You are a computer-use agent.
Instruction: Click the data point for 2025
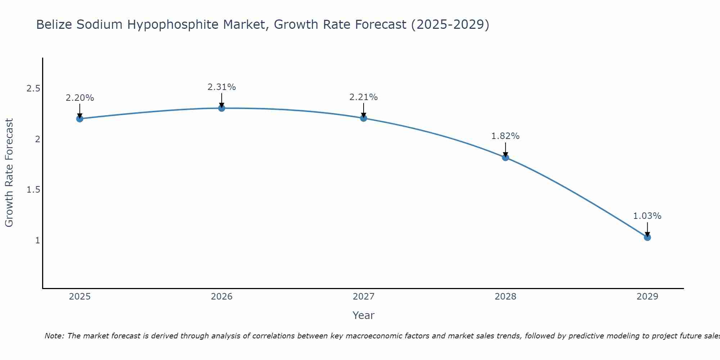[80, 119]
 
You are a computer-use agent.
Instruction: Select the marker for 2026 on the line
[222, 108]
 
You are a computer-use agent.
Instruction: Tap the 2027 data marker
[364, 118]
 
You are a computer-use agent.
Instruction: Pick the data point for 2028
[505, 157]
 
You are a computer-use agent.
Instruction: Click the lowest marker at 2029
[647, 237]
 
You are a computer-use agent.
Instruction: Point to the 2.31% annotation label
[222, 87]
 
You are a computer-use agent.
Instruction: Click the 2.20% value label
[80, 98]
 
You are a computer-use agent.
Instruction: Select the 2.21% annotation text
[364, 97]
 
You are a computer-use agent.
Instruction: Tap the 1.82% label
[505, 136]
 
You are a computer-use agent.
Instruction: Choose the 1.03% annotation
[647, 216]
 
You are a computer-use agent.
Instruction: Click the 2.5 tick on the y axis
[33, 89]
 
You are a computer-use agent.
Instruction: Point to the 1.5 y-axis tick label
[33, 190]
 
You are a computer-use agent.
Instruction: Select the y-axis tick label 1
[37, 240]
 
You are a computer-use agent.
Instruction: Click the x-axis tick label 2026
[222, 297]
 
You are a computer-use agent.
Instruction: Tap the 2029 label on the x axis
[647, 297]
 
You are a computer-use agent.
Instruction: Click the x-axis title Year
[364, 315]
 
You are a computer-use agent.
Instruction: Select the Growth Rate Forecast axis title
[9, 173]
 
